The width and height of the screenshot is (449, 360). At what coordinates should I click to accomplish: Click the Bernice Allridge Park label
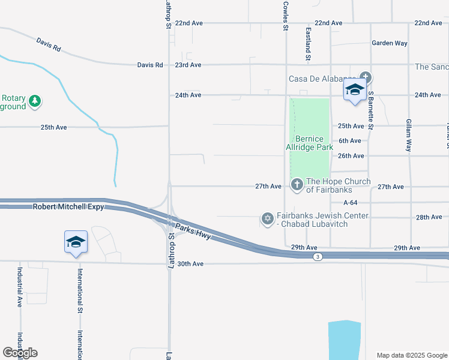point(310,143)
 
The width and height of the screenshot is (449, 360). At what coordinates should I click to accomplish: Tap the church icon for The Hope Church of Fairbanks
point(297,185)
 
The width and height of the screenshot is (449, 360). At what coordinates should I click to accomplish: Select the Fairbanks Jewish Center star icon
point(267,217)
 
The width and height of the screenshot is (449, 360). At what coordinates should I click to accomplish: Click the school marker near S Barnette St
point(355,90)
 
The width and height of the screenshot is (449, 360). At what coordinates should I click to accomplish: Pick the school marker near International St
point(76,242)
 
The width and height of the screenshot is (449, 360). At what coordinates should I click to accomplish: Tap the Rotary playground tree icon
point(35,100)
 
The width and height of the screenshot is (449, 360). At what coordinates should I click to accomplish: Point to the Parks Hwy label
point(192,231)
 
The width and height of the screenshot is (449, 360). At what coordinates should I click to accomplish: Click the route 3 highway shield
point(316,256)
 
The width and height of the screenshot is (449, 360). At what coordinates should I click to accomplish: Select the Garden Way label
point(389,43)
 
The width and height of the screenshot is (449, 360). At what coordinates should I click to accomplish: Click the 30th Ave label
point(190,263)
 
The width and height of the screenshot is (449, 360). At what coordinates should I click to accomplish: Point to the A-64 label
point(351,203)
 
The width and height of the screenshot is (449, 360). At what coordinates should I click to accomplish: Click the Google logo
point(20,353)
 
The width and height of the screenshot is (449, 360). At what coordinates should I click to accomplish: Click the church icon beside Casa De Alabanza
point(365,77)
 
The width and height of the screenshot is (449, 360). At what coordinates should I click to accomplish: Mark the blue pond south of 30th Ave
point(345,339)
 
